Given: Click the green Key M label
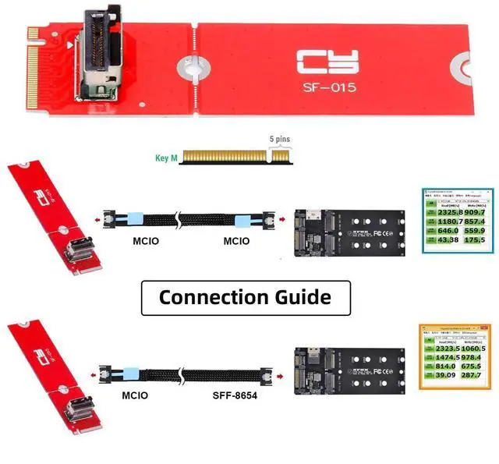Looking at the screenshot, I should [167, 158].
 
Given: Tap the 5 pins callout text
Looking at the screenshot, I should [281, 138].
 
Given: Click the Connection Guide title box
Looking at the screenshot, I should [245, 297].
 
